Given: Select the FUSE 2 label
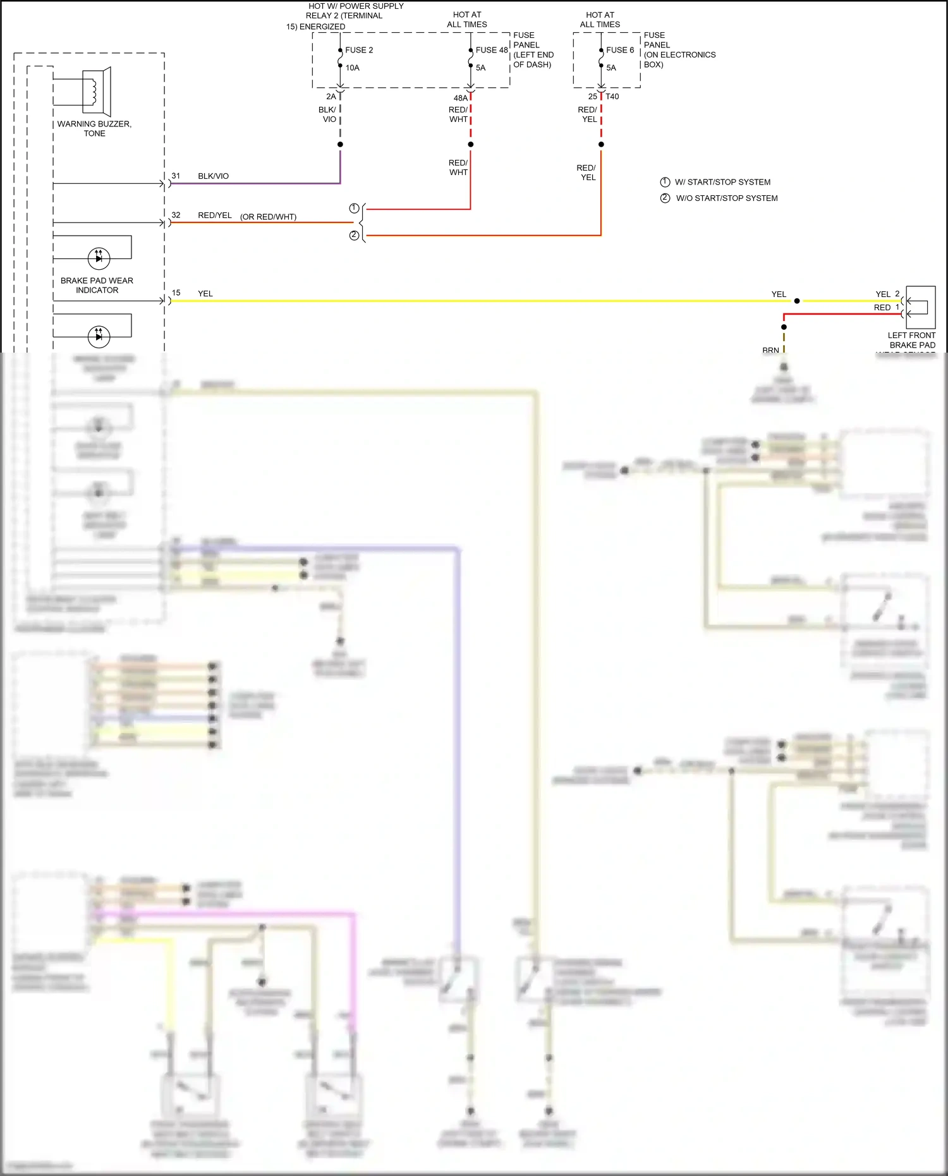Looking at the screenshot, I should (x=359, y=50).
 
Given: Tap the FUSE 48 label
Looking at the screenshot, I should (x=491, y=50).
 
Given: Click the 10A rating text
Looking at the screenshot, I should (x=352, y=68).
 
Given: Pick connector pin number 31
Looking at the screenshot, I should (x=176, y=176).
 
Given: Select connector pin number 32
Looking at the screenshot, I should (x=176, y=215).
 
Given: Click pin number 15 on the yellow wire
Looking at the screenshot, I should (x=176, y=293).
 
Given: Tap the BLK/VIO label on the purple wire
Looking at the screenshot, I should (x=213, y=176).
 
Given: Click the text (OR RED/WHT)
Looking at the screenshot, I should (x=268, y=217).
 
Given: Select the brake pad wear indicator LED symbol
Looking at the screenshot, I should (x=99, y=258).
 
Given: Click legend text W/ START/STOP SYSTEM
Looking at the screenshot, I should (x=722, y=182).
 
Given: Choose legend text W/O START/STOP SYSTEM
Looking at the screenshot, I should (x=727, y=198).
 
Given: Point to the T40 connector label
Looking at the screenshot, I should (x=612, y=97).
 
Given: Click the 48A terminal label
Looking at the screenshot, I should (x=460, y=98).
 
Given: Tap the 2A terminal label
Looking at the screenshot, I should (x=331, y=97).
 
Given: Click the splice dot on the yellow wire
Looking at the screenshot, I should (x=797, y=301).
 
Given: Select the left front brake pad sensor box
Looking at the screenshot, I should (x=920, y=306).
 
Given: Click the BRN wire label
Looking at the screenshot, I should (x=770, y=349).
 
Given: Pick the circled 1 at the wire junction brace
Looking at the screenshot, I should (x=354, y=208).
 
